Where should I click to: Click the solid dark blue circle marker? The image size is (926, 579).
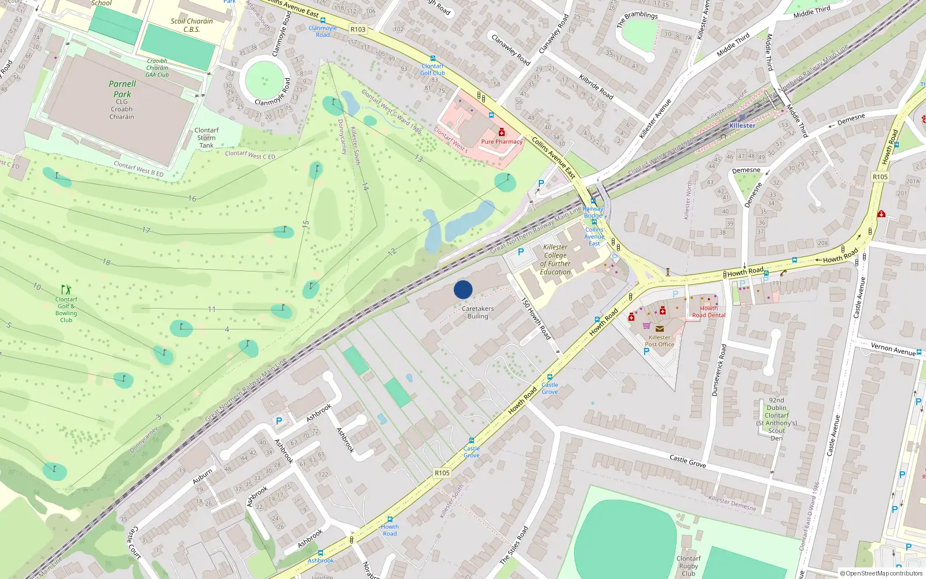point(463,289)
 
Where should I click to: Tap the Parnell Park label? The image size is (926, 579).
point(122,89)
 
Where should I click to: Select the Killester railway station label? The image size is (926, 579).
point(742,126)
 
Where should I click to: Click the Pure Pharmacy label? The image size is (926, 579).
point(502,141)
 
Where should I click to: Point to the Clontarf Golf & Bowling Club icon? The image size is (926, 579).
point(67,289)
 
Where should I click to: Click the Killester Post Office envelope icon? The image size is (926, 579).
point(659,328)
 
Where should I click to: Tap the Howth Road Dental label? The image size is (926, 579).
point(708,312)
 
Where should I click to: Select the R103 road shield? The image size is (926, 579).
point(358,30)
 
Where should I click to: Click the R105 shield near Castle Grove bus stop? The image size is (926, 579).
point(442,473)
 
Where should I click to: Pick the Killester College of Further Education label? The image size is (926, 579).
point(555,259)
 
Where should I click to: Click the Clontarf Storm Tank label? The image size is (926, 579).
point(207,138)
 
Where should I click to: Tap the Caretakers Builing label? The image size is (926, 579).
point(478,313)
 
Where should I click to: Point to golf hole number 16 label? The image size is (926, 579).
point(192,199)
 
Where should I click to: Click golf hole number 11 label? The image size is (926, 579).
point(212,309)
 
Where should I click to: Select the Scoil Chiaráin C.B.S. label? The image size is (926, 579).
point(192,25)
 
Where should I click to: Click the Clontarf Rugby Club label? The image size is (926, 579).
point(689,566)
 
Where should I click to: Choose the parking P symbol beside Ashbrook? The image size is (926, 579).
point(279,422)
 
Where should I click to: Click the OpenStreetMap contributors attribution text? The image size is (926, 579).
point(881,573)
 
